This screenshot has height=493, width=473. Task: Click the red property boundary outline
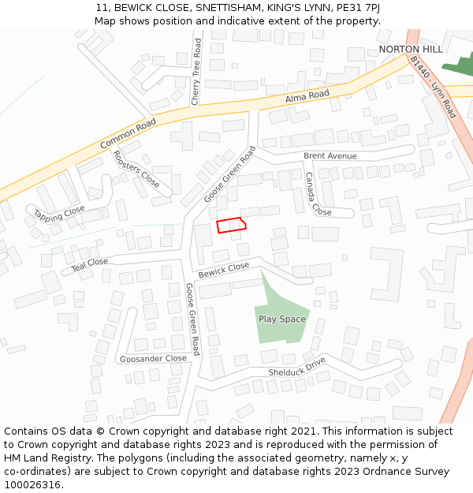pyautogui.click(x=231, y=226)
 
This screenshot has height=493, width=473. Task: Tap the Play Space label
pyautogui.click(x=281, y=319)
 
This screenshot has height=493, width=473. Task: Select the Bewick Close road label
pyautogui.click(x=223, y=270)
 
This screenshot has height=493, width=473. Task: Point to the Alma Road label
pyautogui.click(x=307, y=95)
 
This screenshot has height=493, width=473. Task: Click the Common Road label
pyautogui.click(x=128, y=134)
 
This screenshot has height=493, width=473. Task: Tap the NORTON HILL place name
pyautogui.click(x=404, y=50)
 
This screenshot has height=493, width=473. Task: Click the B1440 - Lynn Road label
pyautogui.click(x=433, y=87)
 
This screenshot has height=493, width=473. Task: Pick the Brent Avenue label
pyautogui.click(x=330, y=156)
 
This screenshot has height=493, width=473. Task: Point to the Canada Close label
pyautogui.click(x=318, y=195)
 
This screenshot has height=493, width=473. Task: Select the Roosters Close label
pyautogui.click(x=136, y=170)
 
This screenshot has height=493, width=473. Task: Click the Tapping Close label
pyautogui.click(x=59, y=213)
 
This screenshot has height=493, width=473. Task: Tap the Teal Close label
pyautogui.click(x=90, y=265)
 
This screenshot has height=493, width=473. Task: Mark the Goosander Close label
pyautogui.click(x=153, y=358)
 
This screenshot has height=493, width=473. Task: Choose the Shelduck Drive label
pyautogui.click(x=296, y=367)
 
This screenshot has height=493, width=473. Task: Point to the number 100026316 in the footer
pyautogui.click(x=32, y=485)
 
